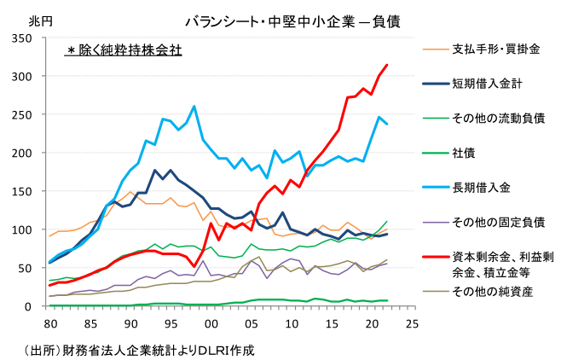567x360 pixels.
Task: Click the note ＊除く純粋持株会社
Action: click(124, 50)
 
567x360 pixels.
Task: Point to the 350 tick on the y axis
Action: click(22, 38)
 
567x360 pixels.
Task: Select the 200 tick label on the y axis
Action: click(22, 154)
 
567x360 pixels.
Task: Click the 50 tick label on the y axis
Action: click(26, 268)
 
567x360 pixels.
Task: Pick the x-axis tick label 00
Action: click(210, 324)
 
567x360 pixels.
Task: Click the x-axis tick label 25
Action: click(411, 324)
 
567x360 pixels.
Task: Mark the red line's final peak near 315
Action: click(387, 65)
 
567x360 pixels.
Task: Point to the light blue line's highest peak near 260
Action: click(194, 107)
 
